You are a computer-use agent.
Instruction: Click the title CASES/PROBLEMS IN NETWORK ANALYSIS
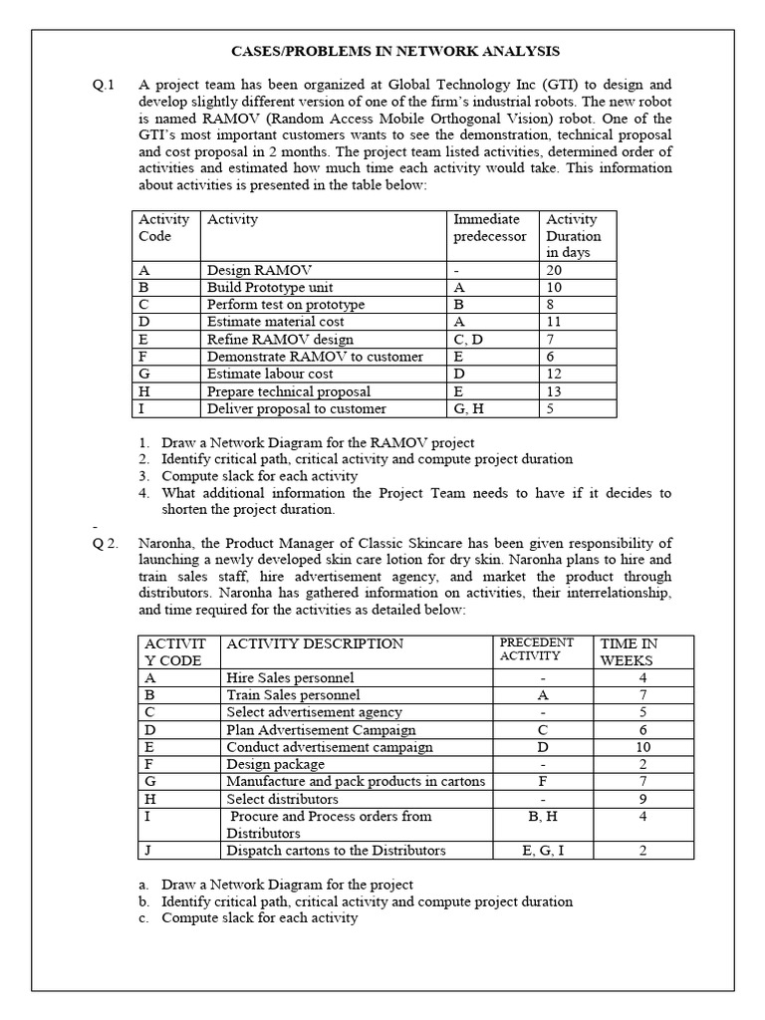click(382, 51)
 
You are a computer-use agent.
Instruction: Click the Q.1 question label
click(104, 85)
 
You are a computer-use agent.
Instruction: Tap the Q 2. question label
click(106, 543)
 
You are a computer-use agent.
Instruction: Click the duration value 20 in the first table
click(554, 270)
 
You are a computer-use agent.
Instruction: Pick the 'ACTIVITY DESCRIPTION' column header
click(316, 643)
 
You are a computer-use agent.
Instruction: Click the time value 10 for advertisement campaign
click(642, 747)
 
